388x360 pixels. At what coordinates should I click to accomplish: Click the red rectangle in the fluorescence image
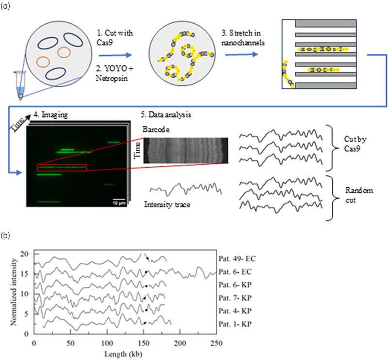click(x=62, y=168)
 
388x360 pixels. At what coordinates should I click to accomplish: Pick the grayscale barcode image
click(x=186, y=151)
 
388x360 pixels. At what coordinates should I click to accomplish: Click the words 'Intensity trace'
click(x=167, y=204)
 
